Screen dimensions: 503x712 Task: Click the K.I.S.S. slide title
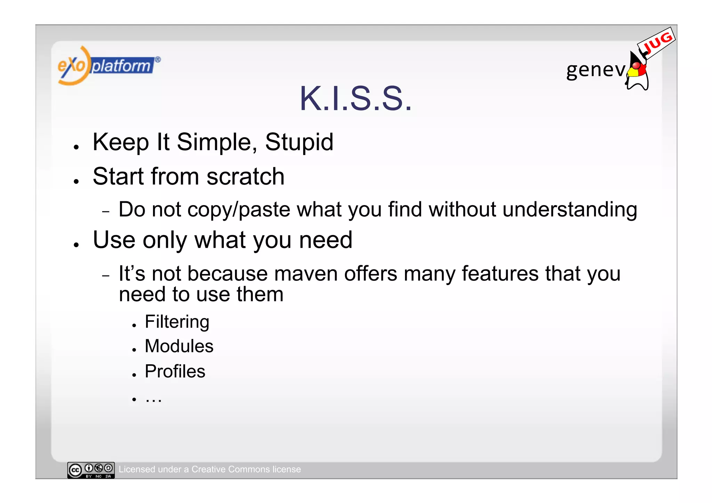coord(355,99)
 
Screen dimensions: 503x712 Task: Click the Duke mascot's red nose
coord(636,66)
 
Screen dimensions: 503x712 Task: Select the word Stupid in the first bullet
coord(299,142)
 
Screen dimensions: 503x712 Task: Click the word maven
coord(306,274)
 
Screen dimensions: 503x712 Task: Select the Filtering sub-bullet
coord(177,322)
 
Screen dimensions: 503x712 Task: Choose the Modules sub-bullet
coord(179,346)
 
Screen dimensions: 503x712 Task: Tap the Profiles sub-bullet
coord(175,371)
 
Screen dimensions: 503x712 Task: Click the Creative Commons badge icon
coord(91,470)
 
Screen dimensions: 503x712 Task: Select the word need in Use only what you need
coord(325,240)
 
